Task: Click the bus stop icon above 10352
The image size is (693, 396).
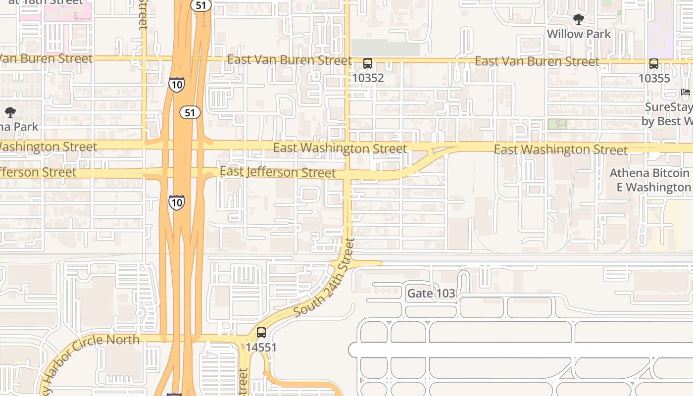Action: (x=367, y=63)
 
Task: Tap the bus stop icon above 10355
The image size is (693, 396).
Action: (x=653, y=64)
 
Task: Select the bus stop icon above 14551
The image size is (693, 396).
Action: (x=261, y=333)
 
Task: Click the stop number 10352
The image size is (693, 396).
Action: (x=368, y=78)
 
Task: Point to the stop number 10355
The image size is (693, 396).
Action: (x=654, y=78)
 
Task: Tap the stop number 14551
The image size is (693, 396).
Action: (x=261, y=347)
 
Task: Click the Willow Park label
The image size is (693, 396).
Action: (x=579, y=34)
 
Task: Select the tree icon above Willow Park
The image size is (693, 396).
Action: (x=578, y=20)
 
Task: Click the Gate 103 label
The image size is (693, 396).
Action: (x=431, y=294)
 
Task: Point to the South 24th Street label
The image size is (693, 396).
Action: (x=325, y=277)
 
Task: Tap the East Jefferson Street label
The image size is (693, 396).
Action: (x=278, y=172)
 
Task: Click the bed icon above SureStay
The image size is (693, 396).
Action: (x=686, y=93)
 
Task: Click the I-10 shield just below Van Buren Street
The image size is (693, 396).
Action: (x=176, y=84)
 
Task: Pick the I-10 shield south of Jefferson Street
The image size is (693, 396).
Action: (x=176, y=202)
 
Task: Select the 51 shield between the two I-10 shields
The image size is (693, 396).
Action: (x=190, y=112)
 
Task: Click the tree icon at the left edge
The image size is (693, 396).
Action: (x=10, y=112)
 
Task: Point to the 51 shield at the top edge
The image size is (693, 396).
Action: (x=201, y=5)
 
